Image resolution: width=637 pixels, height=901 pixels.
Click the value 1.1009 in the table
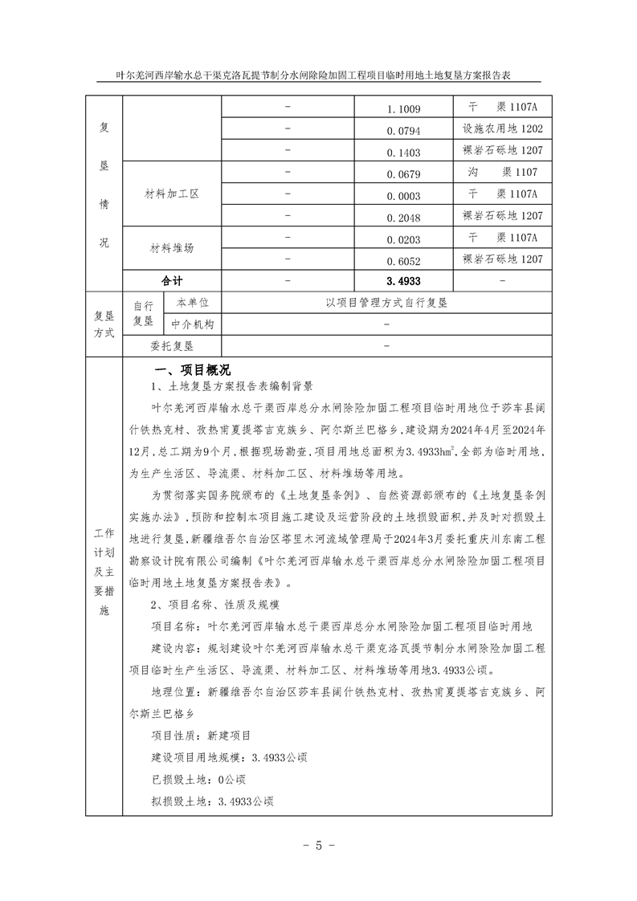[404, 109]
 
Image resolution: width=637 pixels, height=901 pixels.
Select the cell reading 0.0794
[404, 130]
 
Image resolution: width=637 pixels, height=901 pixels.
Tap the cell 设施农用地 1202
[502, 128]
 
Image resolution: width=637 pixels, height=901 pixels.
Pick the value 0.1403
[404, 152]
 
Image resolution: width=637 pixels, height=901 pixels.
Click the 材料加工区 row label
[172, 194]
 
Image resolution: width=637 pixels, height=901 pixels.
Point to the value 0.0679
[404, 173]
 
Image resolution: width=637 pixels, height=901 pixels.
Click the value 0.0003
[404, 195]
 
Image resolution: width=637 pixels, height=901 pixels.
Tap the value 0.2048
[404, 217]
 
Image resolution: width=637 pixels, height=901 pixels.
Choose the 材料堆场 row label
[172, 248]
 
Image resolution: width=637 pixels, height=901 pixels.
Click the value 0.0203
[404, 238]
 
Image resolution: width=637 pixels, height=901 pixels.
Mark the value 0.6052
[404, 260]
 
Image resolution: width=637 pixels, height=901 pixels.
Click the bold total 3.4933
[404, 281]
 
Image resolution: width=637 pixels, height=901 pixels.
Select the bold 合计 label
[172, 281]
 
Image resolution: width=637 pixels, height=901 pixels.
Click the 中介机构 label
[193, 324]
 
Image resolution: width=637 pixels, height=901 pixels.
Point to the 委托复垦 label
[172, 346]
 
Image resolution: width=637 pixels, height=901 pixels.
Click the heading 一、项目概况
[191, 369]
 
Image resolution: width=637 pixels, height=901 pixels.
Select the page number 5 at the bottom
[318, 845]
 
